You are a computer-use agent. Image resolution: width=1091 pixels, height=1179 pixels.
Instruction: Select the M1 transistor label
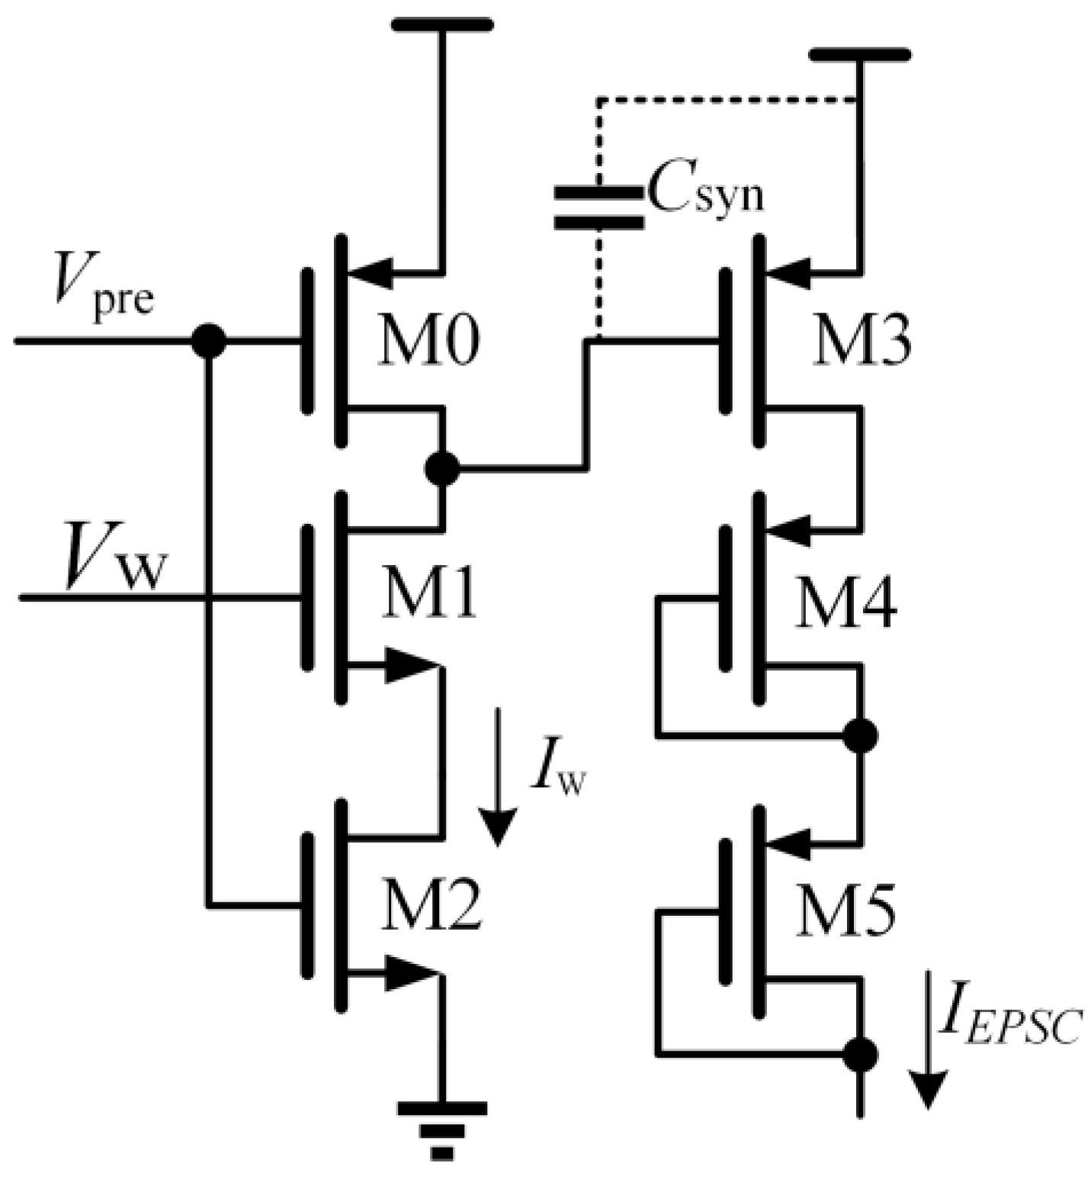[429, 594]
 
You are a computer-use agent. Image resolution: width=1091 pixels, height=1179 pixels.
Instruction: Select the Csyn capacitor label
[705, 194]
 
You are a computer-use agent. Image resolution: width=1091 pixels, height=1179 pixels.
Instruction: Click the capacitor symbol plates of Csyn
[598, 207]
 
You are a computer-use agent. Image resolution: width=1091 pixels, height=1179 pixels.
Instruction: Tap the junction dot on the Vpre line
[208, 340]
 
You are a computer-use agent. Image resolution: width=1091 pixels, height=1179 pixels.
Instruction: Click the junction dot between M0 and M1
[441, 468]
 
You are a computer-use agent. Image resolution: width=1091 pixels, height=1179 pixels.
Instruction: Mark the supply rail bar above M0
[441, 24]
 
